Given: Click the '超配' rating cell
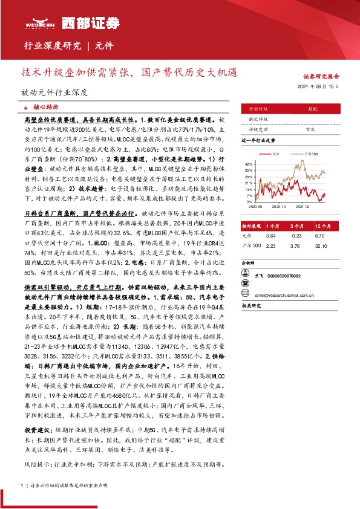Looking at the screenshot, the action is click(x=313, y=109).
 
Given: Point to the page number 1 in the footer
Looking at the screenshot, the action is click(x=22, y=485).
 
